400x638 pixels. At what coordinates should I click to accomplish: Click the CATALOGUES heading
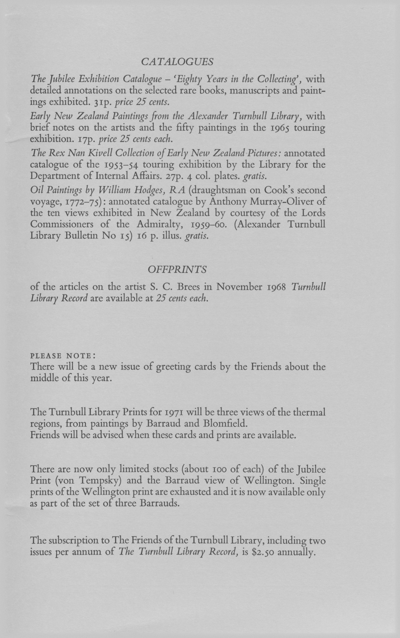[x=177, y=62]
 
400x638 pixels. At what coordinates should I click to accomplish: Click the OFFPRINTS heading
[x=177, y=269]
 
